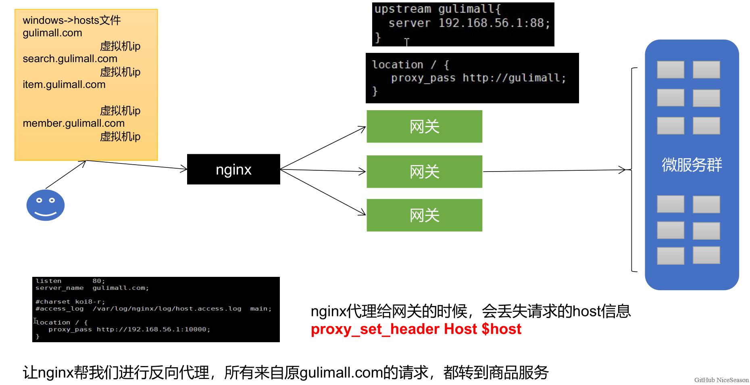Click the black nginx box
click(x=233, y=169)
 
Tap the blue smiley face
click(x=46, y=205)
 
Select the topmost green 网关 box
click(x=424, y=126)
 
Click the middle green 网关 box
click(x=424, y=172)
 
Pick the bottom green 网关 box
click(x=424, y=215)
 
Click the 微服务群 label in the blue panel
click(x=692, y=165)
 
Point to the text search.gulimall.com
click(x=70, y=59)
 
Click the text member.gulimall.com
click(x=73, y=123)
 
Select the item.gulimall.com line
click(x=64, y=85)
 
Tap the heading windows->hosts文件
click(x=71, y=20)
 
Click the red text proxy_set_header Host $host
click(x=416, y=329)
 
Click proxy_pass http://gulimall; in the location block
click(x=478, y=78)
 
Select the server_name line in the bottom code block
click(x=92, y=288)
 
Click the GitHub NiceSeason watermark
click(x=721, y=380)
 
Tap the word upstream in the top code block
click(x=402, y=9)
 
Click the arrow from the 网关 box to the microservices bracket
click(x=556, y=171)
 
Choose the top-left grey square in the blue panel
click(x=670, y=69)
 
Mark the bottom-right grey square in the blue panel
click(x=706, y=255)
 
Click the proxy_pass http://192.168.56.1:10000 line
click(x=129, y=329)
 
